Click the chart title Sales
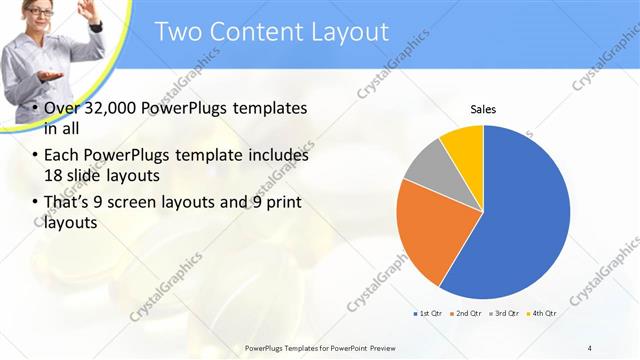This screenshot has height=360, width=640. point(484,109)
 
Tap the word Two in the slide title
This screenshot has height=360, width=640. point(181,32)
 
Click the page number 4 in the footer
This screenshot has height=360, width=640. point(590,347)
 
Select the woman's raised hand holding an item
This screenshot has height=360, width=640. point(90,13)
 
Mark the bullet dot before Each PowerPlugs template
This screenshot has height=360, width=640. point(35,157)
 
